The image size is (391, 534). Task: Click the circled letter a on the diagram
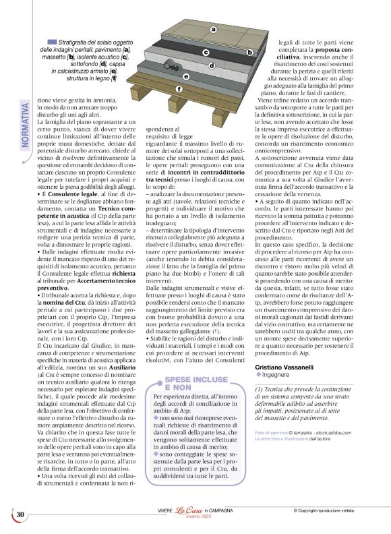(x=213, y=29)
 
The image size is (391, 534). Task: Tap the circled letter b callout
(x=249, y=52)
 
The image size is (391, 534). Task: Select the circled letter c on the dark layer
(x=206, y=52)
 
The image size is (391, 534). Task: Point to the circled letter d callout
(x=212, y=65)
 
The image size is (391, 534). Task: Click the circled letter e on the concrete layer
(x=186, y=77)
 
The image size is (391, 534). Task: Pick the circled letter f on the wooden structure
(x=179, y=89)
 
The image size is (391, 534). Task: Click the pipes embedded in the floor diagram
(x=171, y=65)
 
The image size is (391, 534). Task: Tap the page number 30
(x=21, y=516)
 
